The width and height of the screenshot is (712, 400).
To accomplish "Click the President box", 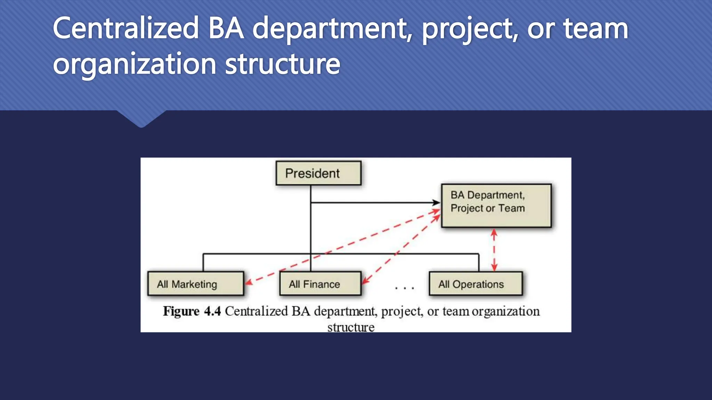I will click(x=318, y=173).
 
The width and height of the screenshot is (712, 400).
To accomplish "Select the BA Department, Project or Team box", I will click(x=496, y=206).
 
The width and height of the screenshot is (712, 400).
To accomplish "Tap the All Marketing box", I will click(x=195, y=284).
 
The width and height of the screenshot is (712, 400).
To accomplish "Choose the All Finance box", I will click(x=320, y=284).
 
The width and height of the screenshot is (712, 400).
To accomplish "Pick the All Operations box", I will click(x=475, y=284).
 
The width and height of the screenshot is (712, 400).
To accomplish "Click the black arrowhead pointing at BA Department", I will click(x=436, y=202).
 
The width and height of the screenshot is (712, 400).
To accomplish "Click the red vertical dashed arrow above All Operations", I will click(x=494, y=250).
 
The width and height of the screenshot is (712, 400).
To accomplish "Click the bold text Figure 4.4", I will click(x=192, y=311).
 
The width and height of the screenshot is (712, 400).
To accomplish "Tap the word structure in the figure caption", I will click(x=351, y=327).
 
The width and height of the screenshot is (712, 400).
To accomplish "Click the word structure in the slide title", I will click(x=282, y=64).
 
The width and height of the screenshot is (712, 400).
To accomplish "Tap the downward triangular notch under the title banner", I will click(x=141, y=119).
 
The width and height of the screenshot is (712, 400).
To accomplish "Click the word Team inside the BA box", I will click(x=511, y=208).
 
